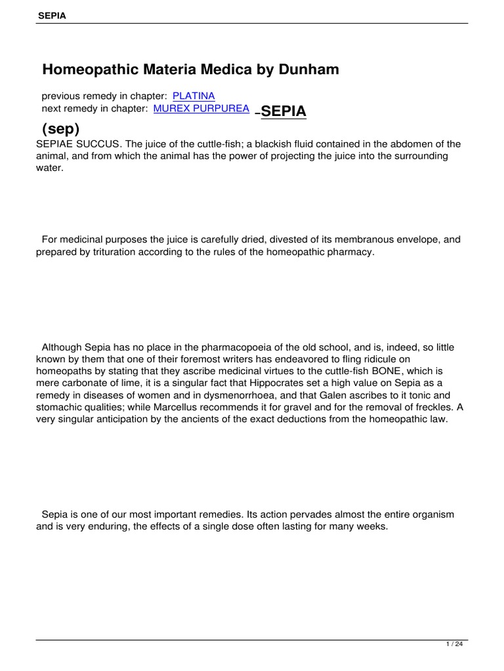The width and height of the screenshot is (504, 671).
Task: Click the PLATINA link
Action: tap(194, 96)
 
